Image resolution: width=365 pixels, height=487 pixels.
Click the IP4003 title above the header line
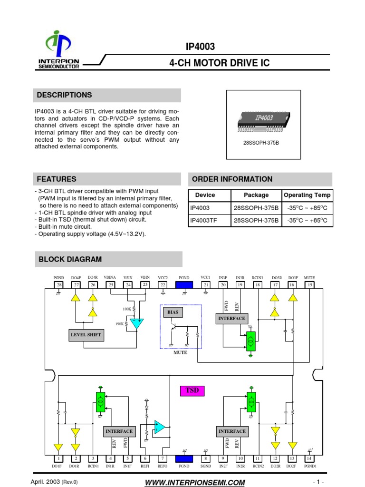[200, 47]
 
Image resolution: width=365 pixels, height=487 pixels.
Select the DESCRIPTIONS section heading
[65, 95]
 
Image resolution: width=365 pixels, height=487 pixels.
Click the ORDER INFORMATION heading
[232, 179]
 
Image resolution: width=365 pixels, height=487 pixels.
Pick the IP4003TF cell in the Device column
[204, 221]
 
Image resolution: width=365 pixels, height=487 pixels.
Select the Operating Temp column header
[307, 195]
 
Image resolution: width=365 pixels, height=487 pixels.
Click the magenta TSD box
[192, 391]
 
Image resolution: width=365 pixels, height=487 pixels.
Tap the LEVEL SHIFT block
[86, 335]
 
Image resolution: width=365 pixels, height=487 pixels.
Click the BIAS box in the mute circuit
[172, 312]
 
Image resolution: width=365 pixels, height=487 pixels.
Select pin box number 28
[59, 285]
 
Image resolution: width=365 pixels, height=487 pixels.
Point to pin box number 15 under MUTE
[309, 285]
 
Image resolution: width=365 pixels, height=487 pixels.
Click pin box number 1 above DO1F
[58, 458]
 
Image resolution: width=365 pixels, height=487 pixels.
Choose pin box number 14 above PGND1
[309, 458]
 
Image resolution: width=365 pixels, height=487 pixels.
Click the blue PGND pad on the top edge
[184, 285]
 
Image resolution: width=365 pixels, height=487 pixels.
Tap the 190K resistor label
[119, 324]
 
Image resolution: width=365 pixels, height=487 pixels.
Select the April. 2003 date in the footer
[46, 482]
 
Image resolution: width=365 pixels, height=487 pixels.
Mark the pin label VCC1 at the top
[205, 277]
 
